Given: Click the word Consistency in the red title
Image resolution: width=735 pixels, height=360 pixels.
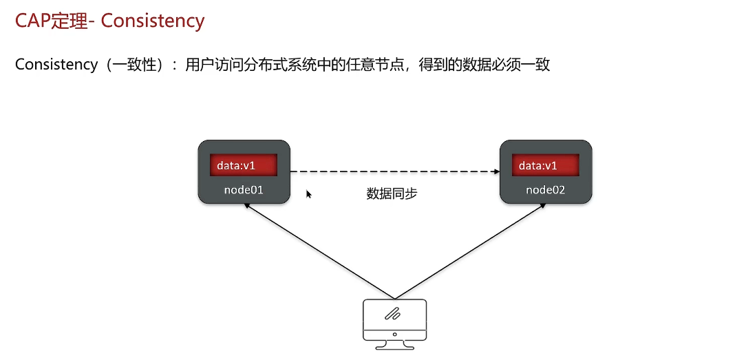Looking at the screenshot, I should pos(153,21).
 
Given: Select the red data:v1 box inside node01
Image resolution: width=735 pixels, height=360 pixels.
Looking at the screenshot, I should pos(243,166).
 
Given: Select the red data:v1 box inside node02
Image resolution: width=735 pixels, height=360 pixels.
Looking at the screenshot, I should pos(545,166).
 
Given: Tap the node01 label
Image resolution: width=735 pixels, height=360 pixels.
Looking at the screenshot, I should pos(244,189).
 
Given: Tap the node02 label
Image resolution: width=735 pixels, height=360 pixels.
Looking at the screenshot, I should pos(545,189).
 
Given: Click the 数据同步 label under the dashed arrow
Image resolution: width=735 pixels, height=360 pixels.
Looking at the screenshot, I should pos(392,194).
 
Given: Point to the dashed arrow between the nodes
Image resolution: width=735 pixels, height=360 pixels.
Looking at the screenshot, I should pos(392,171).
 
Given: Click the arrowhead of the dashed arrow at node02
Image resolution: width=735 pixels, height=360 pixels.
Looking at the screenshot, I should pos(496,171).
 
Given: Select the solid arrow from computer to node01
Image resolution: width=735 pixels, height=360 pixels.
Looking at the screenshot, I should pos(317,251).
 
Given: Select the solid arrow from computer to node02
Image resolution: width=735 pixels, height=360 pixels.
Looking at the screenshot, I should pos(471,251).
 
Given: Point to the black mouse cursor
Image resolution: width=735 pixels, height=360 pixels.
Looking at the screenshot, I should pos(309,194).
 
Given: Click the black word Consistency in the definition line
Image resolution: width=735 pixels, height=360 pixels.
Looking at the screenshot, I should pos(56,65).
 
